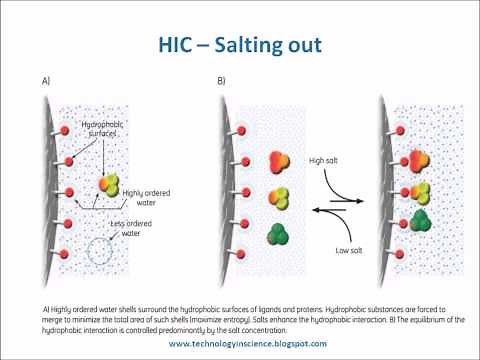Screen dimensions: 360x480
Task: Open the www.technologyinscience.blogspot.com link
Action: pos(240,343)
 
